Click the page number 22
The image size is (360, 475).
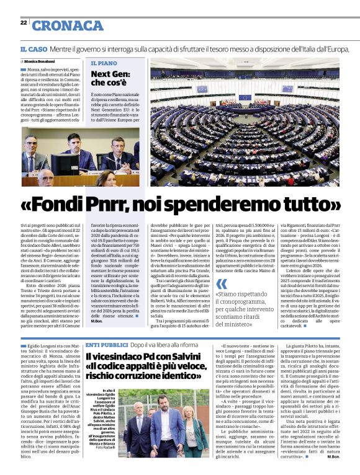[23, 22]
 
